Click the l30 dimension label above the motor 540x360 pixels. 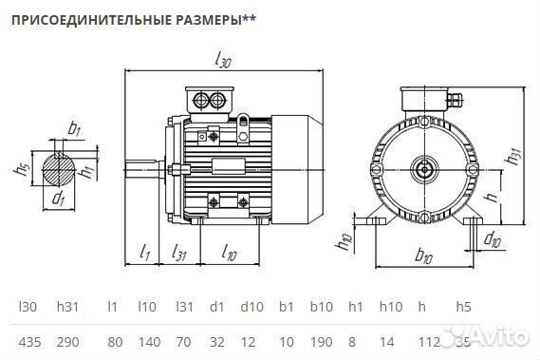pyautogui.click(x=224, y=61)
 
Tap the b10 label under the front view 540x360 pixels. pyautogui.click(x=424, y=256)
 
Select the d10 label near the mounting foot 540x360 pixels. pyautogui.click(x=493, y=238)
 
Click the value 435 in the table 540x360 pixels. pyautogui.click(x=29, y=339)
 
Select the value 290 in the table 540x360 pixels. pyautogui.click(x=67, y=339)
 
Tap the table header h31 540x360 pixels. pyautogui.click(x=66, y=307)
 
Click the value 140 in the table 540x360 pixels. pyautogui.click(x=146, y=339)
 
